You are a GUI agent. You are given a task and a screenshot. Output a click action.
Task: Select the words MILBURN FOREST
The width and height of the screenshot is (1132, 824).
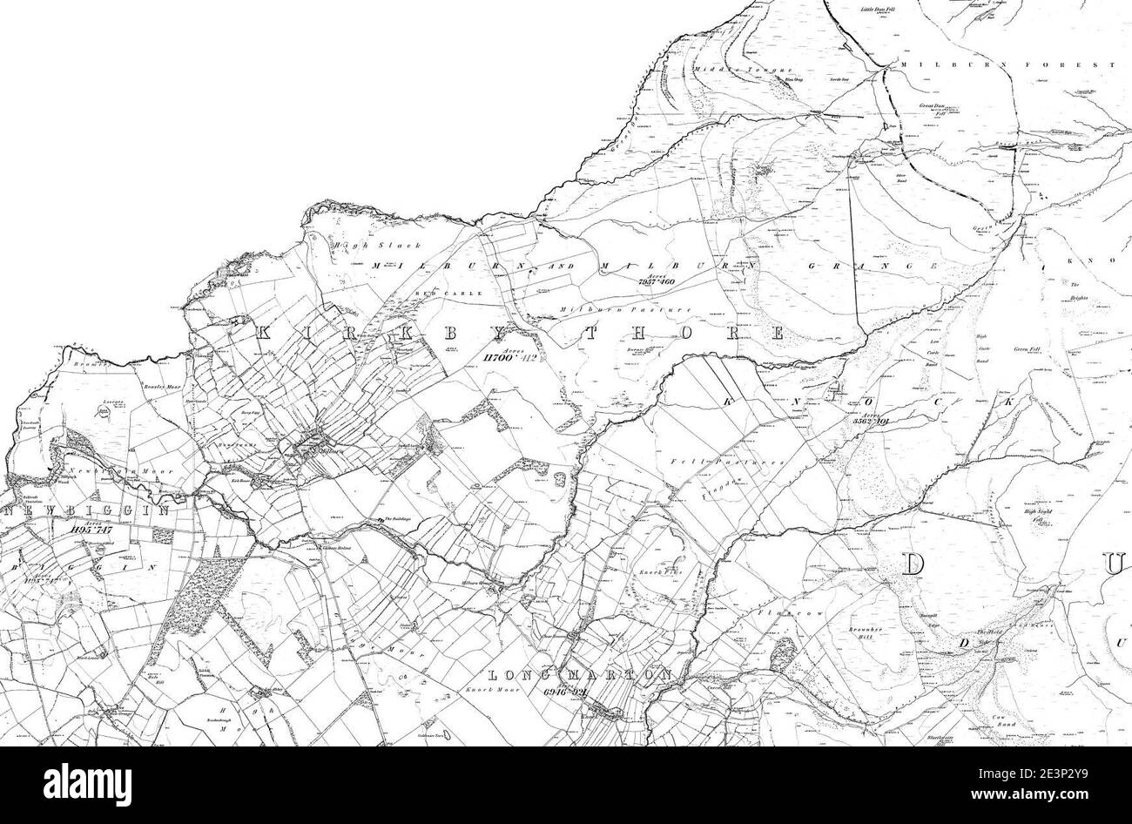[x=1007, y=65]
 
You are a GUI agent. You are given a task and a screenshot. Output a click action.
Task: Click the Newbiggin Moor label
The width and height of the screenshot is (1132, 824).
[x=122, y=471]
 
